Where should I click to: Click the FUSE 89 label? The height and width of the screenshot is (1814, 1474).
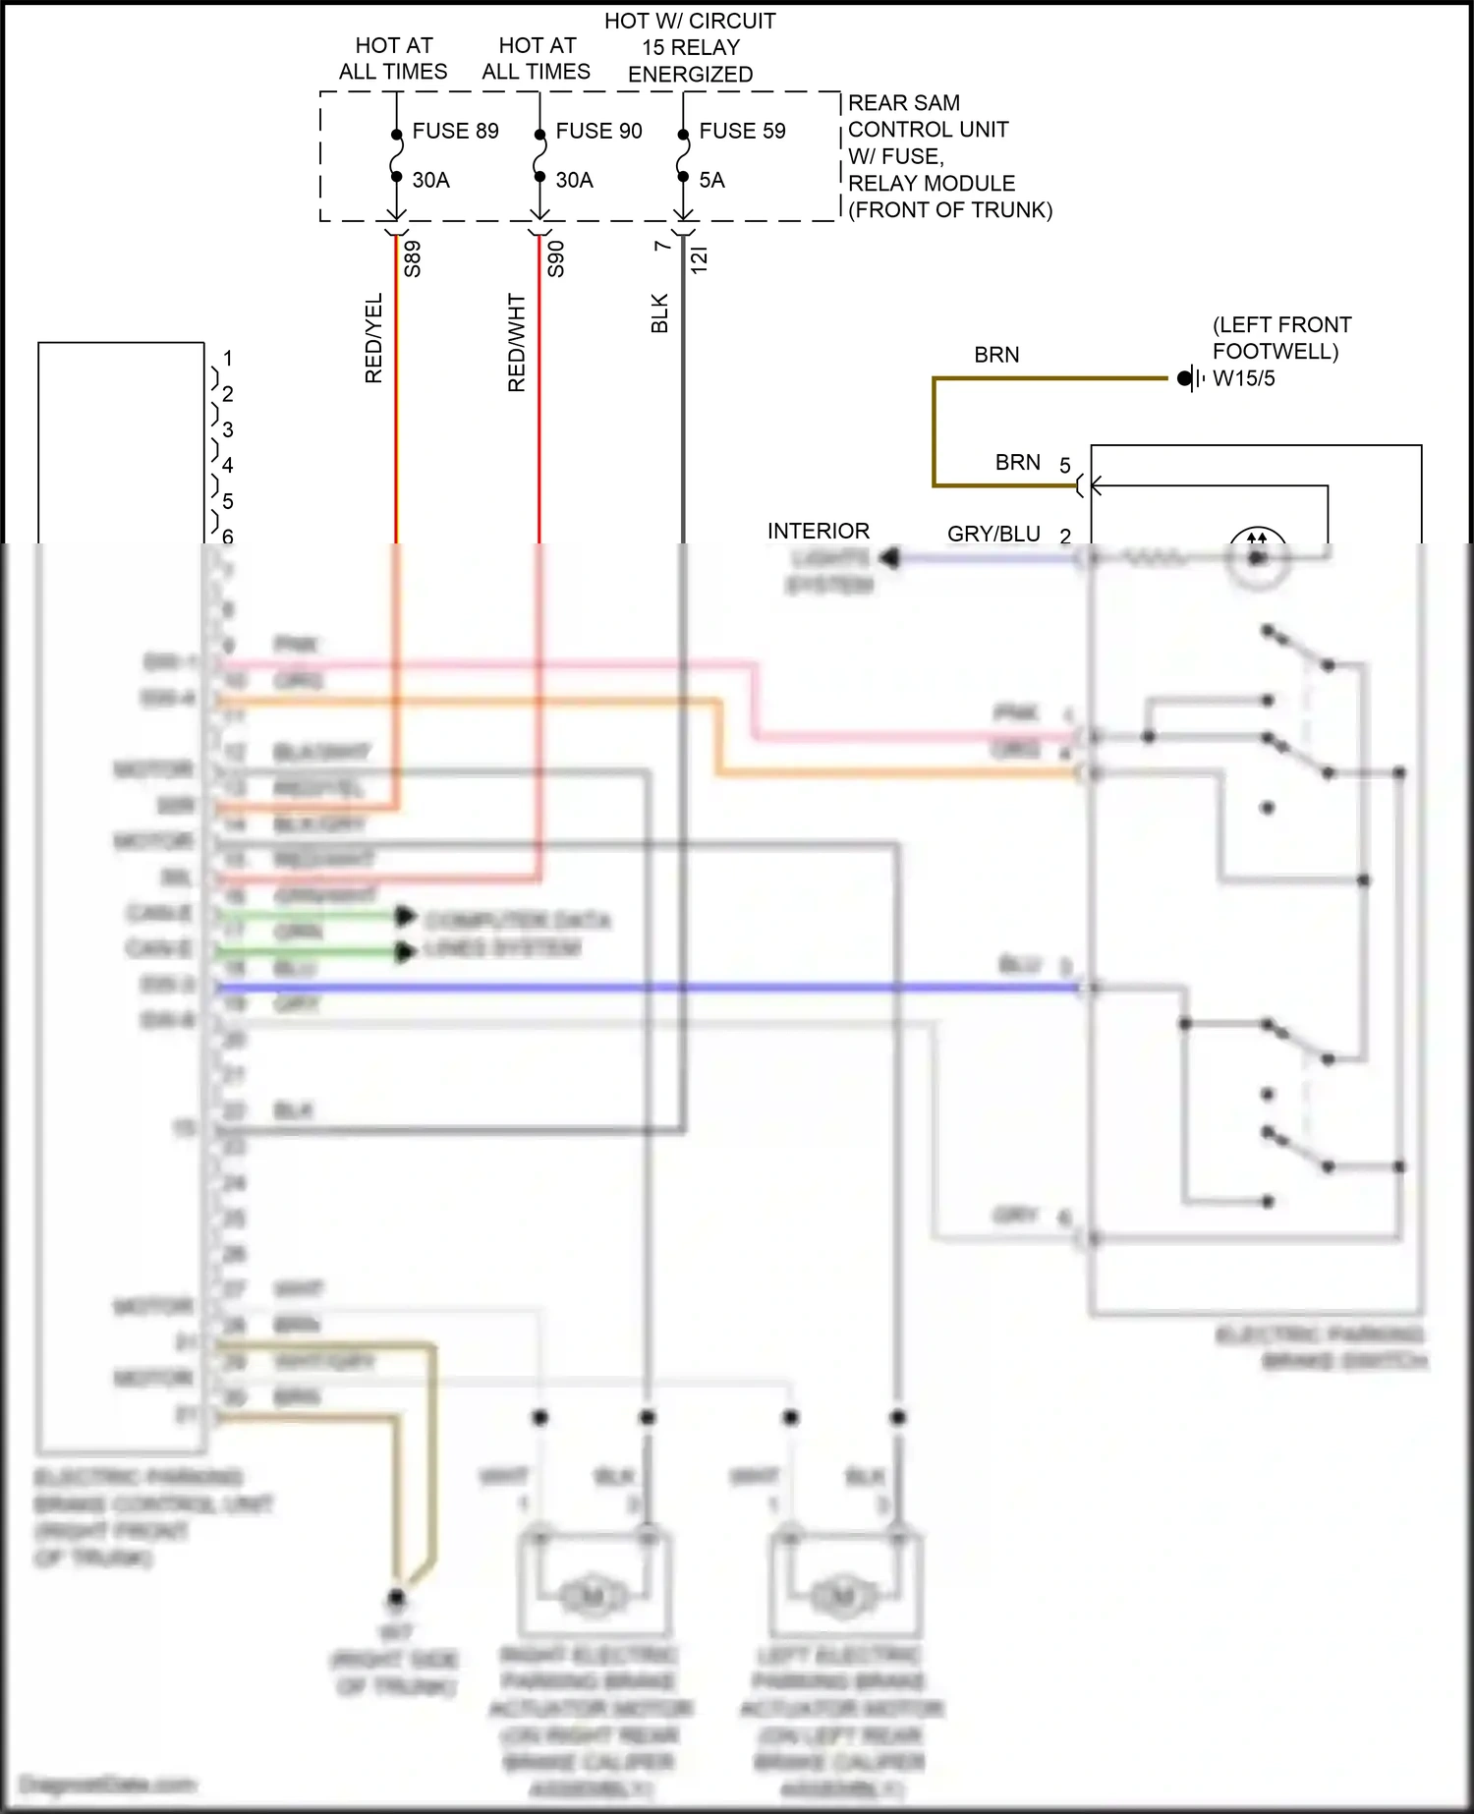point(455,131)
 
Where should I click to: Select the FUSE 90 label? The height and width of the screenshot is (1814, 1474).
point(598,131)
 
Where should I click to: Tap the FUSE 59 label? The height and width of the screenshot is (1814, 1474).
point(742,131)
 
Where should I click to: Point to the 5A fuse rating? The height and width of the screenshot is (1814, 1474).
point(711,180)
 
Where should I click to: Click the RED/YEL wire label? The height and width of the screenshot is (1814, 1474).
point(373,338)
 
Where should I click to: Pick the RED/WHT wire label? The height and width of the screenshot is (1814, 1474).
point(517,343)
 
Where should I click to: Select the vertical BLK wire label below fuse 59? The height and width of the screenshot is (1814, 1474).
point(659,313)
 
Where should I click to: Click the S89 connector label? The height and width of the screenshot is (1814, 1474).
point(413,259)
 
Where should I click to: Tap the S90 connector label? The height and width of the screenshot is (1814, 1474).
point(556,259)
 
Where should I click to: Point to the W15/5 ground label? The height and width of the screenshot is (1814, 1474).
point(1243,378)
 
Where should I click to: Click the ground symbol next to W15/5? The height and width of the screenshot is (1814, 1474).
point(1190,378)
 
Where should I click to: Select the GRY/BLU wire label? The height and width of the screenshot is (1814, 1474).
point(993,534)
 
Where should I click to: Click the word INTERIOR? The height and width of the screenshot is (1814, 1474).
point(818,531)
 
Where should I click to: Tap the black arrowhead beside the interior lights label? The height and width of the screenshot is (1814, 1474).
point(889,558)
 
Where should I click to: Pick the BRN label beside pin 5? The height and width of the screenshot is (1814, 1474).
point(1017,462)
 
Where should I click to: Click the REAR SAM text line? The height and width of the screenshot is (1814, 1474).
point(903,103)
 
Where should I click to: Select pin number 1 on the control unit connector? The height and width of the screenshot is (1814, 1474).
point(228,359)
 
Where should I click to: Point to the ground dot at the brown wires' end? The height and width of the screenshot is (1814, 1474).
point(396,1597)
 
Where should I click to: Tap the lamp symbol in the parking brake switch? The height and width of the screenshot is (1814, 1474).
point(1257,557)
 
